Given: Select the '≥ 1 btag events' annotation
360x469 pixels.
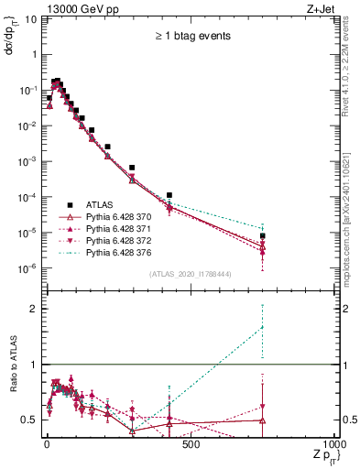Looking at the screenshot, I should coord(191,36).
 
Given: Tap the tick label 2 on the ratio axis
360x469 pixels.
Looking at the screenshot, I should coord(33,309).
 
